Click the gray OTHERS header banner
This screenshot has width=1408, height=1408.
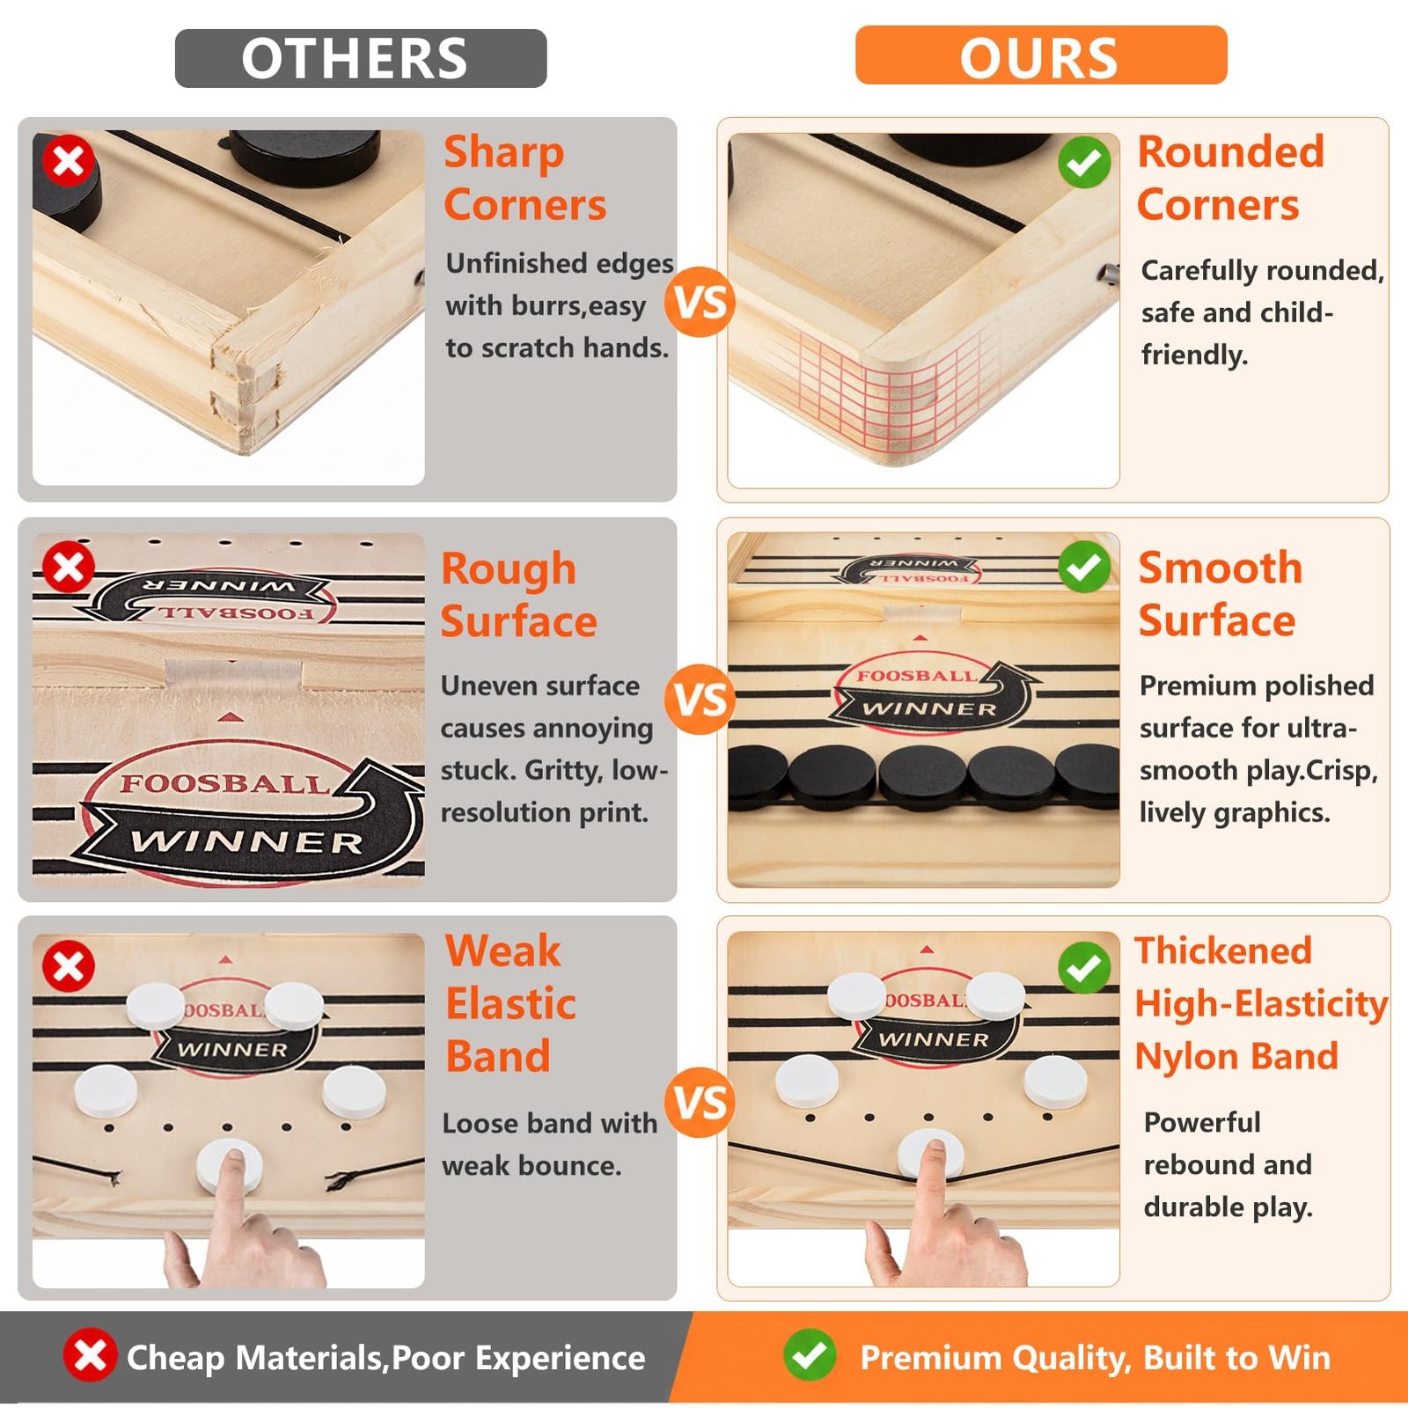click(x=361, y=58)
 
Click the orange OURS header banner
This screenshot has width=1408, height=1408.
click(x=1041, y=55)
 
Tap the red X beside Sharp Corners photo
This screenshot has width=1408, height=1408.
click(x=69, y=160)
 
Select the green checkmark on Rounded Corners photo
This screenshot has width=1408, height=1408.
click(x=1084, y=162)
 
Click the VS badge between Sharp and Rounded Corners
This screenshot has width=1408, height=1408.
click(x=700, y=302)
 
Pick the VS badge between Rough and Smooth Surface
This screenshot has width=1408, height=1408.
click(x=700, y=700)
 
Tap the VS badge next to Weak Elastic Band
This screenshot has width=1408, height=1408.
click(x=700, y=1102)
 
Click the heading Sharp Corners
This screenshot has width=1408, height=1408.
click(x=525, y=179)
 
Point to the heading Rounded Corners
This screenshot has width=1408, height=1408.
click(x=1230, y=179)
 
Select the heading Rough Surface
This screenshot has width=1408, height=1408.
click(x=519, y=596)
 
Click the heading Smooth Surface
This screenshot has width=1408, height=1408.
click(x=1220, y=595)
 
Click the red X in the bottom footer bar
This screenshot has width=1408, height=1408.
click(x=90, y=1355)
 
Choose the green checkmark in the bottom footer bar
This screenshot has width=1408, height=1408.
click(x=810, y=1355)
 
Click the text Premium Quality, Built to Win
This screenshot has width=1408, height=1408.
click(x=1096, y=1358)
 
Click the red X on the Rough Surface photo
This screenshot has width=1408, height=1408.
click(x=69, y=567)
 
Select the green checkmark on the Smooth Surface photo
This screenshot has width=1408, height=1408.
click(x=1084, y=567)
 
